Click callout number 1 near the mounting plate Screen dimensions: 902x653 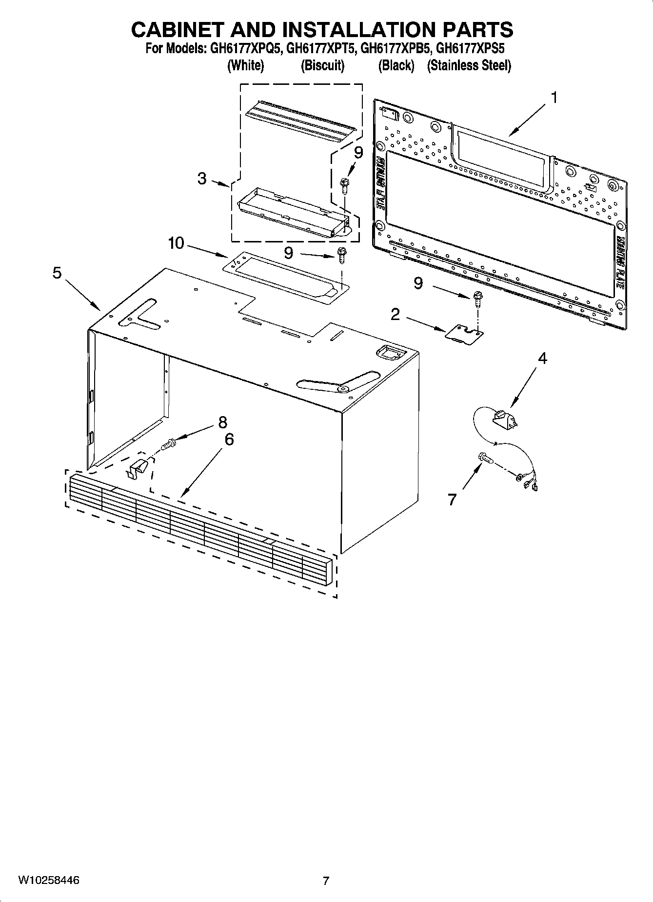[x=554, y=98]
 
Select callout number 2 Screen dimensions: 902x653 [x=395, y=315]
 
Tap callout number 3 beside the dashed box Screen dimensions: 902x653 [x=202, y=179]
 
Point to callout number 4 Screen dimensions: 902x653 [x=542, y=359]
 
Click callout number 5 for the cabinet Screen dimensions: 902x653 [x=57, y=273]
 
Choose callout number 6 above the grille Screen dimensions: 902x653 [x=229, y=440]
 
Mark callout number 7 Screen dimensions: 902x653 [x=452, y=500]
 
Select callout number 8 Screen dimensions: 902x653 [x=223, y=421]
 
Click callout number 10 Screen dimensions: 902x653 [x=176, y=242]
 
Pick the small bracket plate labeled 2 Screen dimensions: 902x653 [x=464, y=335]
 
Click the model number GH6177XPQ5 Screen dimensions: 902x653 [x=244, y=49]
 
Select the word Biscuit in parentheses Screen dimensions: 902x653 [x=322, y=65]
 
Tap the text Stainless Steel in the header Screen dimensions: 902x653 [x=469, y=65]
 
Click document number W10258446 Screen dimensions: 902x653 [x=49, y=881]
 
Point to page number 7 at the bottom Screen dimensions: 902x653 [x=326, y=881]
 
